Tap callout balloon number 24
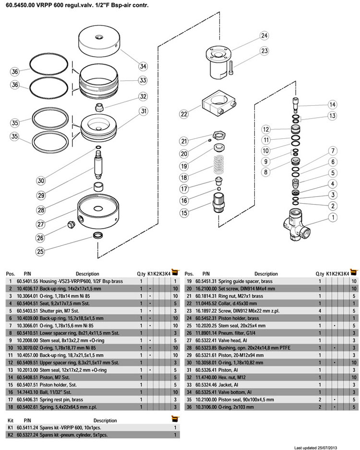[x=264, y=36]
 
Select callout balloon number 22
[x=184, y=114]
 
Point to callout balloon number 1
[x=332, y=217]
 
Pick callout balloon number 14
[x=332, y=105]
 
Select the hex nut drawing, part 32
[x=100, y=106]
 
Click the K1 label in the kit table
[x=11, y=427]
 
